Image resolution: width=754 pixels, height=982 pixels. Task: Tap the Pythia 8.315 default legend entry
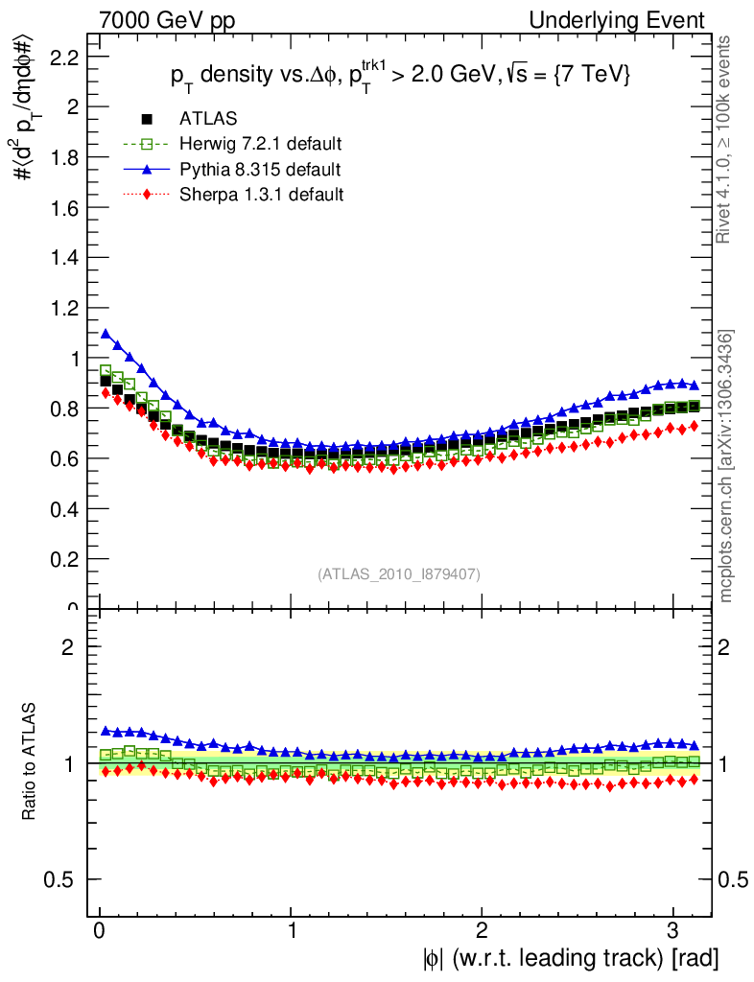coord(259,170)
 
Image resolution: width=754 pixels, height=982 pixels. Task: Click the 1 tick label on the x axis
coord(291,931)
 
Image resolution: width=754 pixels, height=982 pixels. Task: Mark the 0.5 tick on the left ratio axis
coord(62,879)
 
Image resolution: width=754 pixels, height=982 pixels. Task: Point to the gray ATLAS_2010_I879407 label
coord(399,573)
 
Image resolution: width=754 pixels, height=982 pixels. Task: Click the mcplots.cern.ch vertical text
coord(726,467)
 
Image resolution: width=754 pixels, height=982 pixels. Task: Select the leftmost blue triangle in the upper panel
coord(106,334)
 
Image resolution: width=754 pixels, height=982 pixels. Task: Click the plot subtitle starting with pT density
coord(393,77)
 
